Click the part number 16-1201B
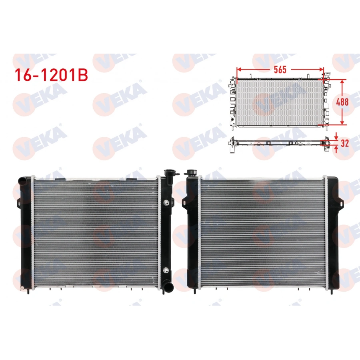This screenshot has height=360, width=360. click(51, 75)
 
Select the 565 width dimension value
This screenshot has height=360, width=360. click(280, 70)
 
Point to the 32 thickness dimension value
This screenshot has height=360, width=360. click(344, 143)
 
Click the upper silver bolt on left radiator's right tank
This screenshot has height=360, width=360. click(165, 202)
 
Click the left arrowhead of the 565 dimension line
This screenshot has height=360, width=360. click(238, 69)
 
